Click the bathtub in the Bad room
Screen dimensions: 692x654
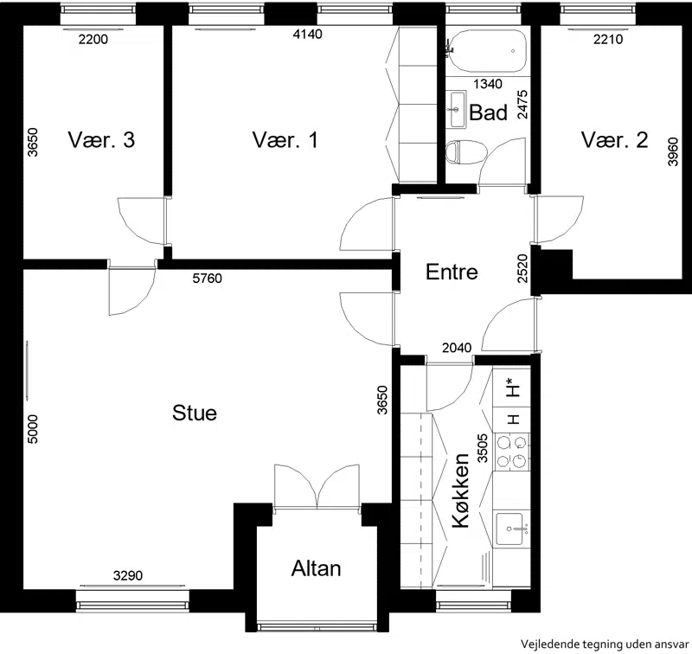pos(487,51)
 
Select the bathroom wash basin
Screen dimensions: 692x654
pos(458,110)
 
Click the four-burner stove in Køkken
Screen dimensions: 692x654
pos(512,451)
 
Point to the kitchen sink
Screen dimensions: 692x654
pos(511,529)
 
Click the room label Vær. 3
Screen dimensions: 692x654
pos(101,140)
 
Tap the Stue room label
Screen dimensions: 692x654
pos(195,413)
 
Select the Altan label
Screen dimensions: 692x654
pos(316,568)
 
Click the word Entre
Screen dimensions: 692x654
pos(452,272)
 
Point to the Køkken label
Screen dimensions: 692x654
pos(461,490)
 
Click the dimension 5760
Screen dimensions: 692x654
pos(208,279)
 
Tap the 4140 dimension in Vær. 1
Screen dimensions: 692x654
pos(308,34)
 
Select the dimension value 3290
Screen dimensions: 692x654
pos(128,575)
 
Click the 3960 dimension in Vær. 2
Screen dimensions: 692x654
pos(673,151)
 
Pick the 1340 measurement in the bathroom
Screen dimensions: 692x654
pos(488,84)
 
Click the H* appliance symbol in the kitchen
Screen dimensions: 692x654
pos(512,387)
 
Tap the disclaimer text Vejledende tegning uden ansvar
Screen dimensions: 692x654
pos(605,644)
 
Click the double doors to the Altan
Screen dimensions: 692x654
pos(317,487)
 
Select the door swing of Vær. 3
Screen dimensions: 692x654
pos(141,221)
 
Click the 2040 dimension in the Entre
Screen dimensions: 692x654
pos(457,348)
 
